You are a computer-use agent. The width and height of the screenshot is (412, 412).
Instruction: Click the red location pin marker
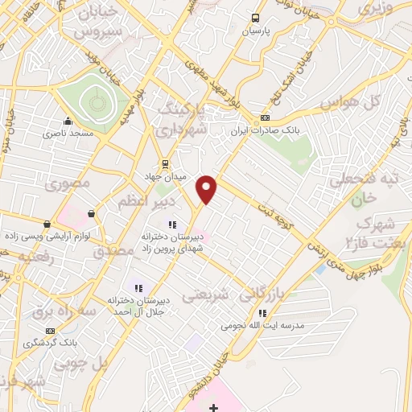click(207, 187)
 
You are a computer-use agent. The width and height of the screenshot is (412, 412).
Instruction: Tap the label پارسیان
click(255, 31)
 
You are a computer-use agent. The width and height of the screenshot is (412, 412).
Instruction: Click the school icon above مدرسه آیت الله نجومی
click(262, 313)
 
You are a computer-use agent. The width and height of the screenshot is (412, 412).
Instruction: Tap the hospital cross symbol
click(212, 408)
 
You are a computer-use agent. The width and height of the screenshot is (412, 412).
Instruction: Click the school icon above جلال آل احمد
click(138, 287)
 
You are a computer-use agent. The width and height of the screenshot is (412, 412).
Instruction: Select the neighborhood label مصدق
click(113, 251)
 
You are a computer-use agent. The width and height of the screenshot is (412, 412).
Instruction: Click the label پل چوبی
click(80, 364)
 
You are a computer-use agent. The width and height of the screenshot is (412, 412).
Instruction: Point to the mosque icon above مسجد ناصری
click(67, 122)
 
